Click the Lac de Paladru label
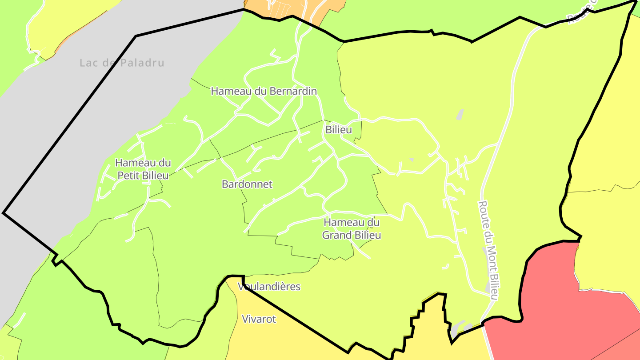[122, 63]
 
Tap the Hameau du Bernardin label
[264, 91]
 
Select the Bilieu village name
[339, 130]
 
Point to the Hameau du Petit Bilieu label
[143, 169]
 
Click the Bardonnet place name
[247, 184]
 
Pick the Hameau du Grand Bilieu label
[352, 228]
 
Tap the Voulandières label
[269, 287]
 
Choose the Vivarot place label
[259, 319]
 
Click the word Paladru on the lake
[141, 63]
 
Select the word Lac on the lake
[88, 63]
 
